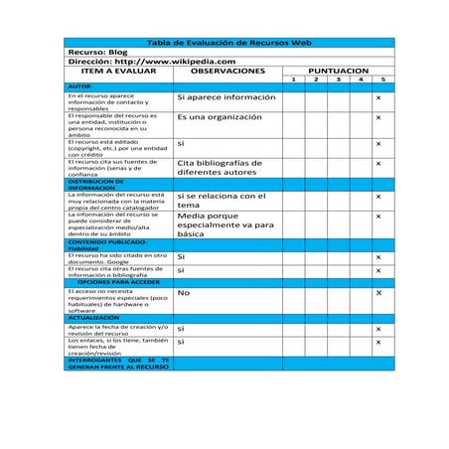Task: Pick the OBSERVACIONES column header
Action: (227, 72)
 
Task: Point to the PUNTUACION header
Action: (338, 72)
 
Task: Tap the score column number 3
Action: (338, 79)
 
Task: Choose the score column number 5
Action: (382, 79)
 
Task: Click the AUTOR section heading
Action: (78, 87)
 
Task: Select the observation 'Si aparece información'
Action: (225, 97)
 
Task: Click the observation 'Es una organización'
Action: (220, 117)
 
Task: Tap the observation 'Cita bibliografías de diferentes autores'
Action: (220, 167)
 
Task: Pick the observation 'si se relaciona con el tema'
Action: (222, 201)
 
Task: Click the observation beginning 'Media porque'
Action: (224, 224)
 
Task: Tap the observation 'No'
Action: (183, 293)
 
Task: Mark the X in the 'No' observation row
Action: (378, 293)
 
